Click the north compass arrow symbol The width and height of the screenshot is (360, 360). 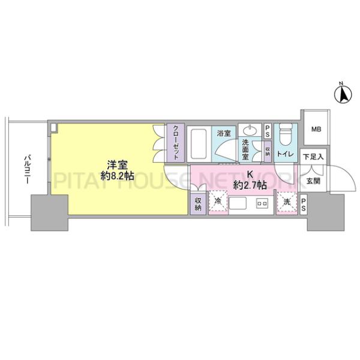(x=343, y=95)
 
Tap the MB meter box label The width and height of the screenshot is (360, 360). (x=316, y=129)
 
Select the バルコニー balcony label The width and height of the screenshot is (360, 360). (x=28, y=170)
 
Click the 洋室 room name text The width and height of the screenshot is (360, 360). (x=118, y=165)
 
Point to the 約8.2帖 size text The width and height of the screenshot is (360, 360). (x=118, y=176)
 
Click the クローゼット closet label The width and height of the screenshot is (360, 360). (x=176, y=142)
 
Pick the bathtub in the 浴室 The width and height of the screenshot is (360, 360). (x=199, y=144)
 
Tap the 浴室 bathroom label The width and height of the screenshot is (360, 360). (x=224, y=133)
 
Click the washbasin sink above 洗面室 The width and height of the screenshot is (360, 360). (x=250, y=131)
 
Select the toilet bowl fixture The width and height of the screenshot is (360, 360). (x=286, y=135)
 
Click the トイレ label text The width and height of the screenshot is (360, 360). (x=286, y=154)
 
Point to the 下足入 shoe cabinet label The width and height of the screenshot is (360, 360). (x=313, y=157)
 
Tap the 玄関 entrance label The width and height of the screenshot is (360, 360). (x=313, y=181)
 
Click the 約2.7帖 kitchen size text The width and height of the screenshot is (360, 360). (x=250, y=185)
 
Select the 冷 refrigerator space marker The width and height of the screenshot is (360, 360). (x=218, y=202)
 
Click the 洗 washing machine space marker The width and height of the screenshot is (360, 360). (x=287, y=202)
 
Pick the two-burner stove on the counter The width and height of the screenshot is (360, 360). (x=262, y=203)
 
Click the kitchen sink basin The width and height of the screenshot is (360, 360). (x=238, y=203)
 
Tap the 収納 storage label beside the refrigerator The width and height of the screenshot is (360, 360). (x=198, y=204)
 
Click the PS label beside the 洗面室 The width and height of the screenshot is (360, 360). (x=267, y=131)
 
